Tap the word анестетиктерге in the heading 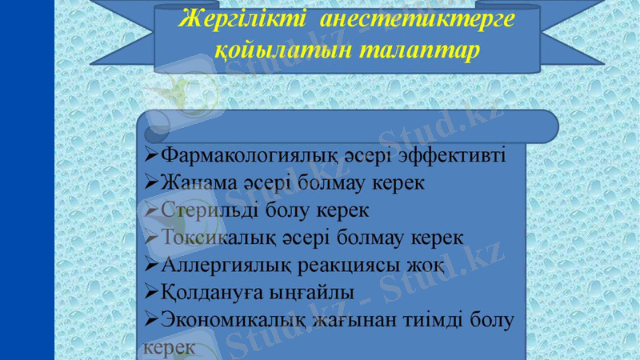point(416,18)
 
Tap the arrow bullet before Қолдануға point(151,292)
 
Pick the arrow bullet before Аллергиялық point(151,265)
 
